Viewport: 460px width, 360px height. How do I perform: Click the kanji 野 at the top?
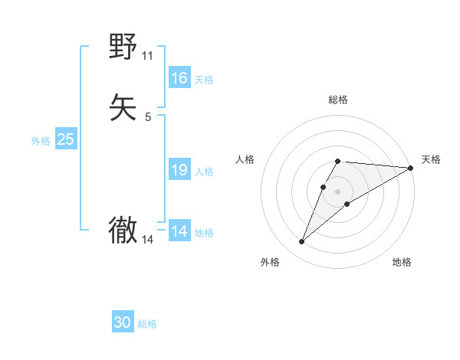[123, 47]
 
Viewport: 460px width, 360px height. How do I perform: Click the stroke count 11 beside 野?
[147, 56]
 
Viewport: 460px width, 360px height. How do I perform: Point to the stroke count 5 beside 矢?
[148, 116]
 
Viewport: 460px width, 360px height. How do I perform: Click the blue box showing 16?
[179, 78]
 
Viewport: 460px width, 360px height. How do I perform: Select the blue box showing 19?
[179, 170]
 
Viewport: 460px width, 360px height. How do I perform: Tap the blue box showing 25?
[65, 139]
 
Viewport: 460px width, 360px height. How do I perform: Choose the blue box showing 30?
[123, 323]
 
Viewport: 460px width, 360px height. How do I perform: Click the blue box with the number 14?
[179, 231]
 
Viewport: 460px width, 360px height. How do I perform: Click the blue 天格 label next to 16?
[204, 80]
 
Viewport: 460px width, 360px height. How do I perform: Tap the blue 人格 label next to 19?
[204, 172]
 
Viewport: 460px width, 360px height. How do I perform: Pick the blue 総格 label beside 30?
[147, 325]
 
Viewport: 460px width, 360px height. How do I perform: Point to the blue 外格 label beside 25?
[41, 141]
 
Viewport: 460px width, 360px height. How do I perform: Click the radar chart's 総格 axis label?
[337, 100]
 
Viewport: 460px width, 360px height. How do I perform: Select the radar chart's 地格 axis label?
[402, 263]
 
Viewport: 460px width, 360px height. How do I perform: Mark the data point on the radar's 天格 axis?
[411, 168]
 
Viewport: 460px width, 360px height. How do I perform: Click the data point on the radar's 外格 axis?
[301, 242]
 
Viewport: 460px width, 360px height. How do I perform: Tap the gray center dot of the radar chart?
[337, 191]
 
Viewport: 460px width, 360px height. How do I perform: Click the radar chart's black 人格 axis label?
[245, 159]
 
